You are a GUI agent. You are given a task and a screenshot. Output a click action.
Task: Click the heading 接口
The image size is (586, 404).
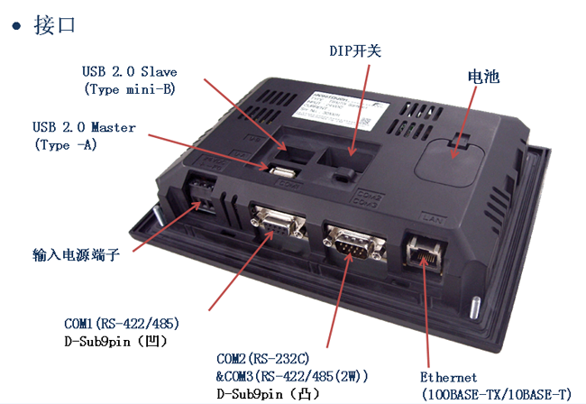point(54,24)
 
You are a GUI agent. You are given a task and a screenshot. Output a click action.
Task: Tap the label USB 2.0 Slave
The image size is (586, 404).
point(130,72)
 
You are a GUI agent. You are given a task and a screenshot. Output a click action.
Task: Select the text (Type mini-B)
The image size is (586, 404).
point(130,89)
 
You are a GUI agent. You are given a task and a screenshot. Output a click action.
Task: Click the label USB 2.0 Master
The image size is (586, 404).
point(84,127)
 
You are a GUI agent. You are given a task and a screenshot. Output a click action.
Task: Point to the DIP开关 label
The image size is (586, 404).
point(354,51)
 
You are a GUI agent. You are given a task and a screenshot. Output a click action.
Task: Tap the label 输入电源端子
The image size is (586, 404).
point(77,255)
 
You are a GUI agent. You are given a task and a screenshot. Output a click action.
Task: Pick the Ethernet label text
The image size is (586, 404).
point(448,377)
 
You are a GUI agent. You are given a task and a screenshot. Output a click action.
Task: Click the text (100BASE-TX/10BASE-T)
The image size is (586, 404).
point(496,394)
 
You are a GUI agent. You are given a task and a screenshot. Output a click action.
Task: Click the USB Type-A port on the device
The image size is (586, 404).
point(281,171)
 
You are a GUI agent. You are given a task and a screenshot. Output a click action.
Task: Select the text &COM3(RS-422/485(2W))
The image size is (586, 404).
point(293,376)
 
